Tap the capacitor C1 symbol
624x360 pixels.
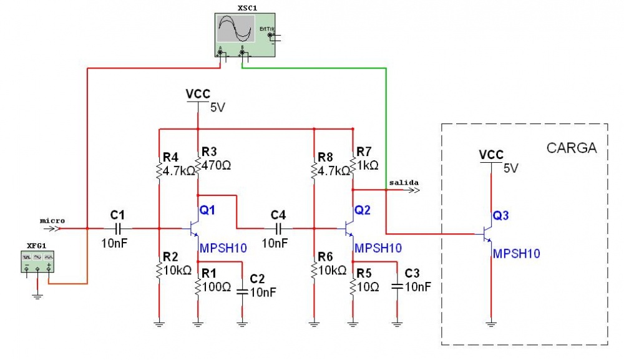click(117, 228)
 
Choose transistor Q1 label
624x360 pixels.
click(207, 211)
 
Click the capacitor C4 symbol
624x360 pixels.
click(278, 228)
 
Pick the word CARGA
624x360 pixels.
click(572, 148)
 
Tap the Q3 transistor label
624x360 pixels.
click(500, 216)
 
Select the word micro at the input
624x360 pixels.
click(52, 220)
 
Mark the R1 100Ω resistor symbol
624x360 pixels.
click(198, 287)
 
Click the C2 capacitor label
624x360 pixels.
click(257, 278)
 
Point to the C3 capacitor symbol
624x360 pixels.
click(397, 286)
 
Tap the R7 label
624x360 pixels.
click(364, 151)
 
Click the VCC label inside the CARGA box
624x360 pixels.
click(492, 154)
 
